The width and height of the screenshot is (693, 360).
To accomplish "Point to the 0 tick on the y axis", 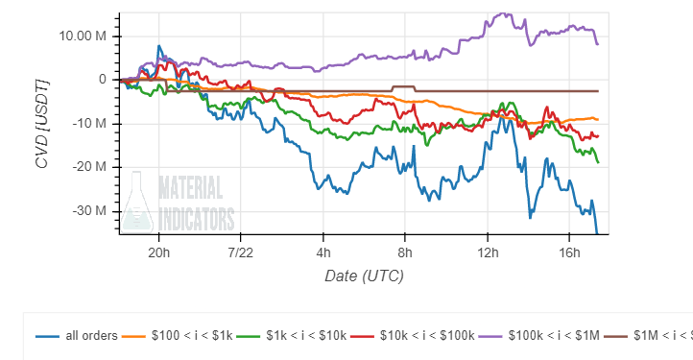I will [101, 80].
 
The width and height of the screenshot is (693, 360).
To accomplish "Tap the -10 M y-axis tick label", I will [88, 124].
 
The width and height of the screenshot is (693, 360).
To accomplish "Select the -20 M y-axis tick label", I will [88, 167].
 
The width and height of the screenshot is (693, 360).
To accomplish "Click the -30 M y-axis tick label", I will [88, 211].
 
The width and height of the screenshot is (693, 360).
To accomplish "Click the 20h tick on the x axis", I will [159, 252].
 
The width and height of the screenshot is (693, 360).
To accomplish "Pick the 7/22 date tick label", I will [241, 252].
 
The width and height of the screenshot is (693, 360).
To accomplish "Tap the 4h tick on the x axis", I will [323, 252].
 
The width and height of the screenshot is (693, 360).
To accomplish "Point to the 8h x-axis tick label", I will [405, 252].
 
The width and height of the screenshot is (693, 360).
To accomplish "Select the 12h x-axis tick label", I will [488, 252].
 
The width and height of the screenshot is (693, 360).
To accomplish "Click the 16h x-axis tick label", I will [569, 252].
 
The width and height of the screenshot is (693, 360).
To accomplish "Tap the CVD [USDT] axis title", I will [41, 122].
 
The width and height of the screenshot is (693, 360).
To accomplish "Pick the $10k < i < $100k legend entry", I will [413, 335].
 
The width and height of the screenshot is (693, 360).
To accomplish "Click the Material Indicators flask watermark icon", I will [138, 202].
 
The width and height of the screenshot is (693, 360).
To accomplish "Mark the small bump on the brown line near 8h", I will [403, 87].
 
